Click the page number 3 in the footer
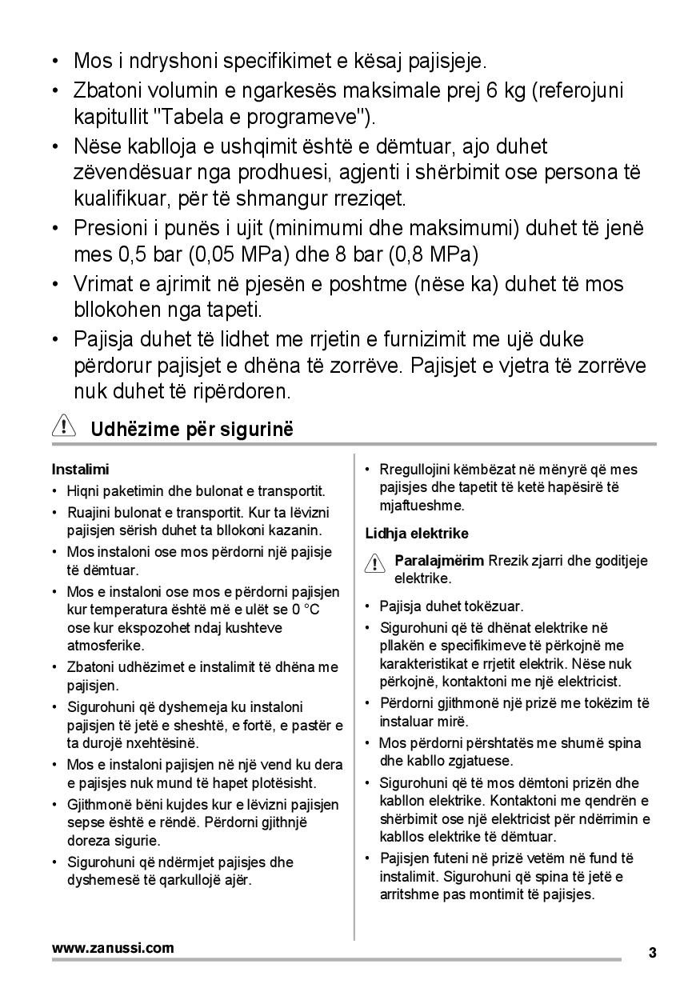(653, 953)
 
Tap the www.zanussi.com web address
(113, 948)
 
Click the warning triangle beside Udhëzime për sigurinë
(63, 426)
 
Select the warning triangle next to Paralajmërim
(374, 564)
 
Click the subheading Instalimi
(80, 469)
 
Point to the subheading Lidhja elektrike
(417, 533)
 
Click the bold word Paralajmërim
(439, 560)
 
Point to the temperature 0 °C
(305, 610)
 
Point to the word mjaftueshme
(422, 506)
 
